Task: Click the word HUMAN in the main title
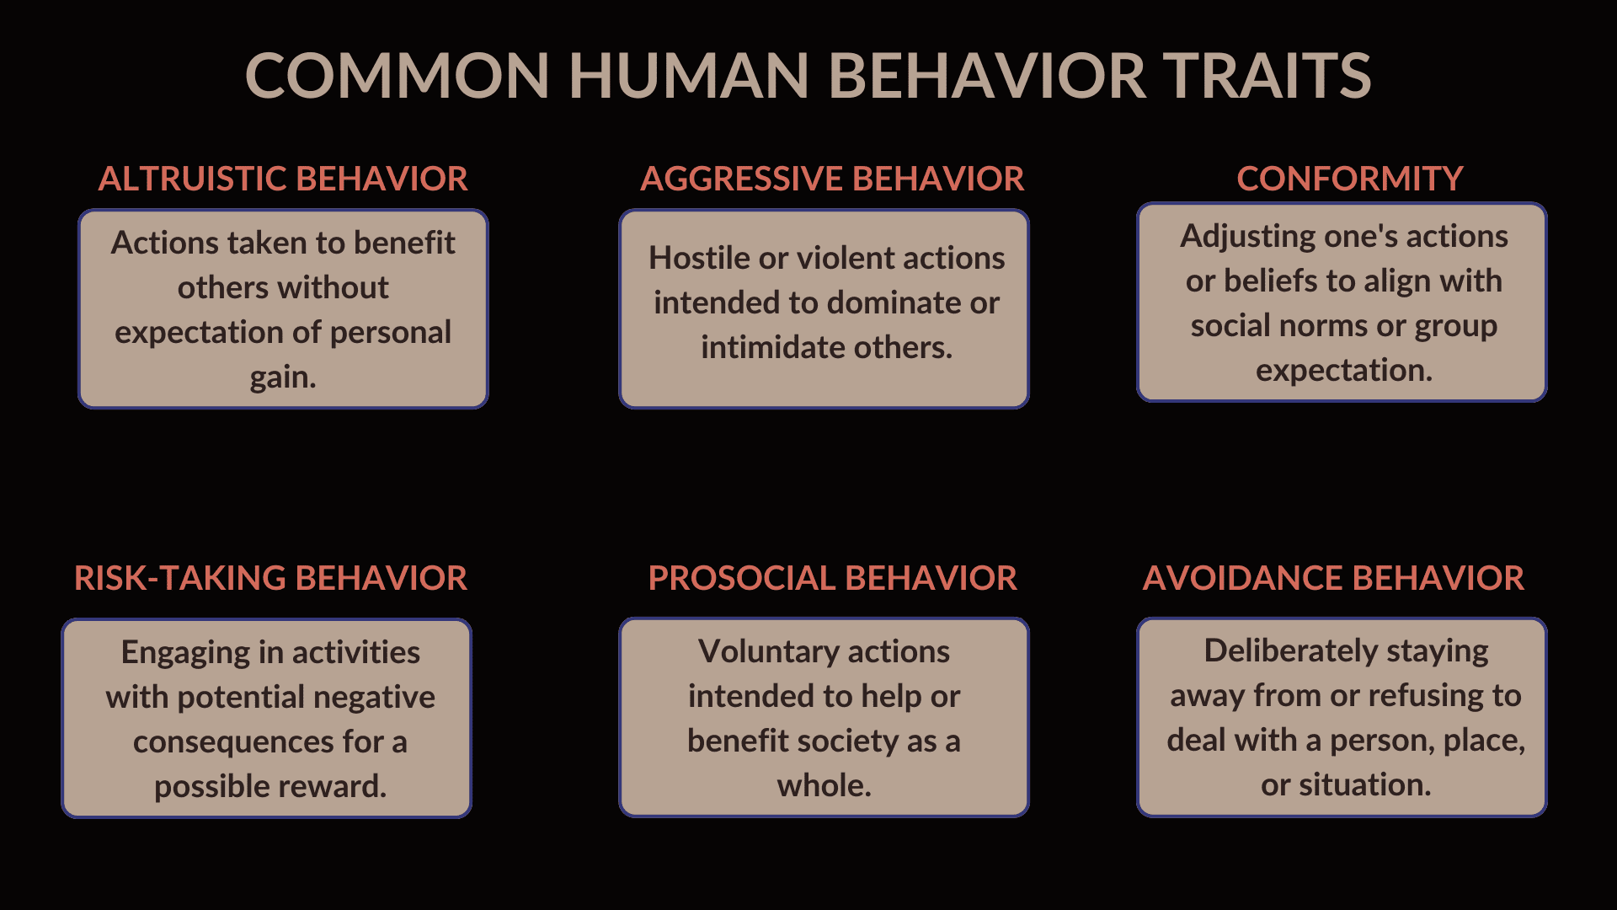point(688,76)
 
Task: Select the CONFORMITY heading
point(1349,179)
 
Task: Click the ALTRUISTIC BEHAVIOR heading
point(283,179)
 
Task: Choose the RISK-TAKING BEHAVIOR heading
point(270,578)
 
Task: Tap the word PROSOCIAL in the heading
point(741,578)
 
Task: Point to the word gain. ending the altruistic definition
point(283,377)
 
